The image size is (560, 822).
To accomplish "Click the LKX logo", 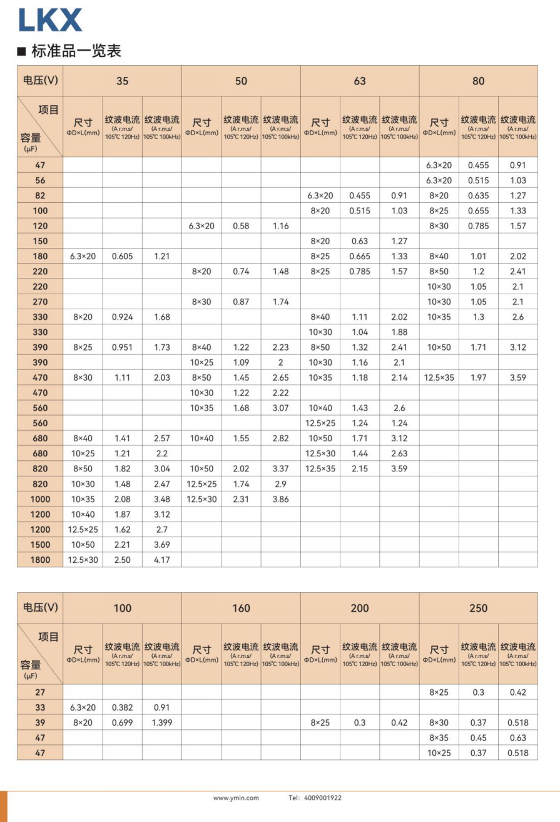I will point(50,19).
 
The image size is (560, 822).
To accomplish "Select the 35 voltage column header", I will point(122,81).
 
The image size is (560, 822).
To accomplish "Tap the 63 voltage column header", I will point(360,81).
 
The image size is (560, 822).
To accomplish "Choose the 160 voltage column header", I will point(241,608).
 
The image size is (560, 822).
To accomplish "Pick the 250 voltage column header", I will point(478,608).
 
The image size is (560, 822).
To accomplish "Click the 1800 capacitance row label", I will point(40,560).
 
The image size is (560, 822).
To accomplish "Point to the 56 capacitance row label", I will point(40,180).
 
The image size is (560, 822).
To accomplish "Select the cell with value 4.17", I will point(161,560).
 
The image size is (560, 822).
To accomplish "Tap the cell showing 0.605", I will point(122,256).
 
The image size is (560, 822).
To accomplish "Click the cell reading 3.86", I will point(280,499).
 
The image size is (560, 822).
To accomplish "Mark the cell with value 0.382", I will point(122,707).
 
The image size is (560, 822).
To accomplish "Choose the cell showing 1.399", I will point(161,722).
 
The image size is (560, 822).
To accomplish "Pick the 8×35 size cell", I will point(439,737).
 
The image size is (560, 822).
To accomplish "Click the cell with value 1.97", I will point(478,378).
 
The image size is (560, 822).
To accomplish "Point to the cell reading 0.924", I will point(122,317).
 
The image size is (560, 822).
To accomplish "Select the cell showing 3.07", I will point(280,408).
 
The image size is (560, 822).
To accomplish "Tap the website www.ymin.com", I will point(236,798).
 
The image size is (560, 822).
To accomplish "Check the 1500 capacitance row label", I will point(40,545).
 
